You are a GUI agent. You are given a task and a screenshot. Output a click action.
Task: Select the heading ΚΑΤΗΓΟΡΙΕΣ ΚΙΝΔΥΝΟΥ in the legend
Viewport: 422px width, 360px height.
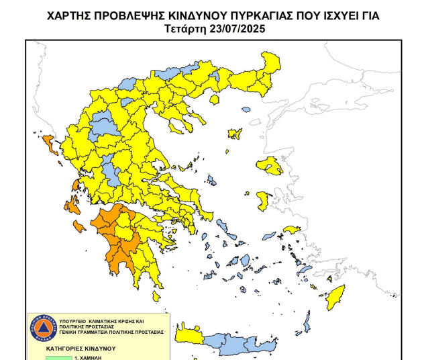coord(81,349)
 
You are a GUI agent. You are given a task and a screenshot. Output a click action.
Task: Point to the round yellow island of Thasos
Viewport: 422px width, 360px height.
coord(215,99)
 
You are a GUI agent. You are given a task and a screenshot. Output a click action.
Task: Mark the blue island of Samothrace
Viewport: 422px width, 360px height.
coord(246,109)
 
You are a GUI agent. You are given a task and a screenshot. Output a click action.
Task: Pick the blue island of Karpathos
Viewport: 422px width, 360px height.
coord(307,322)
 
